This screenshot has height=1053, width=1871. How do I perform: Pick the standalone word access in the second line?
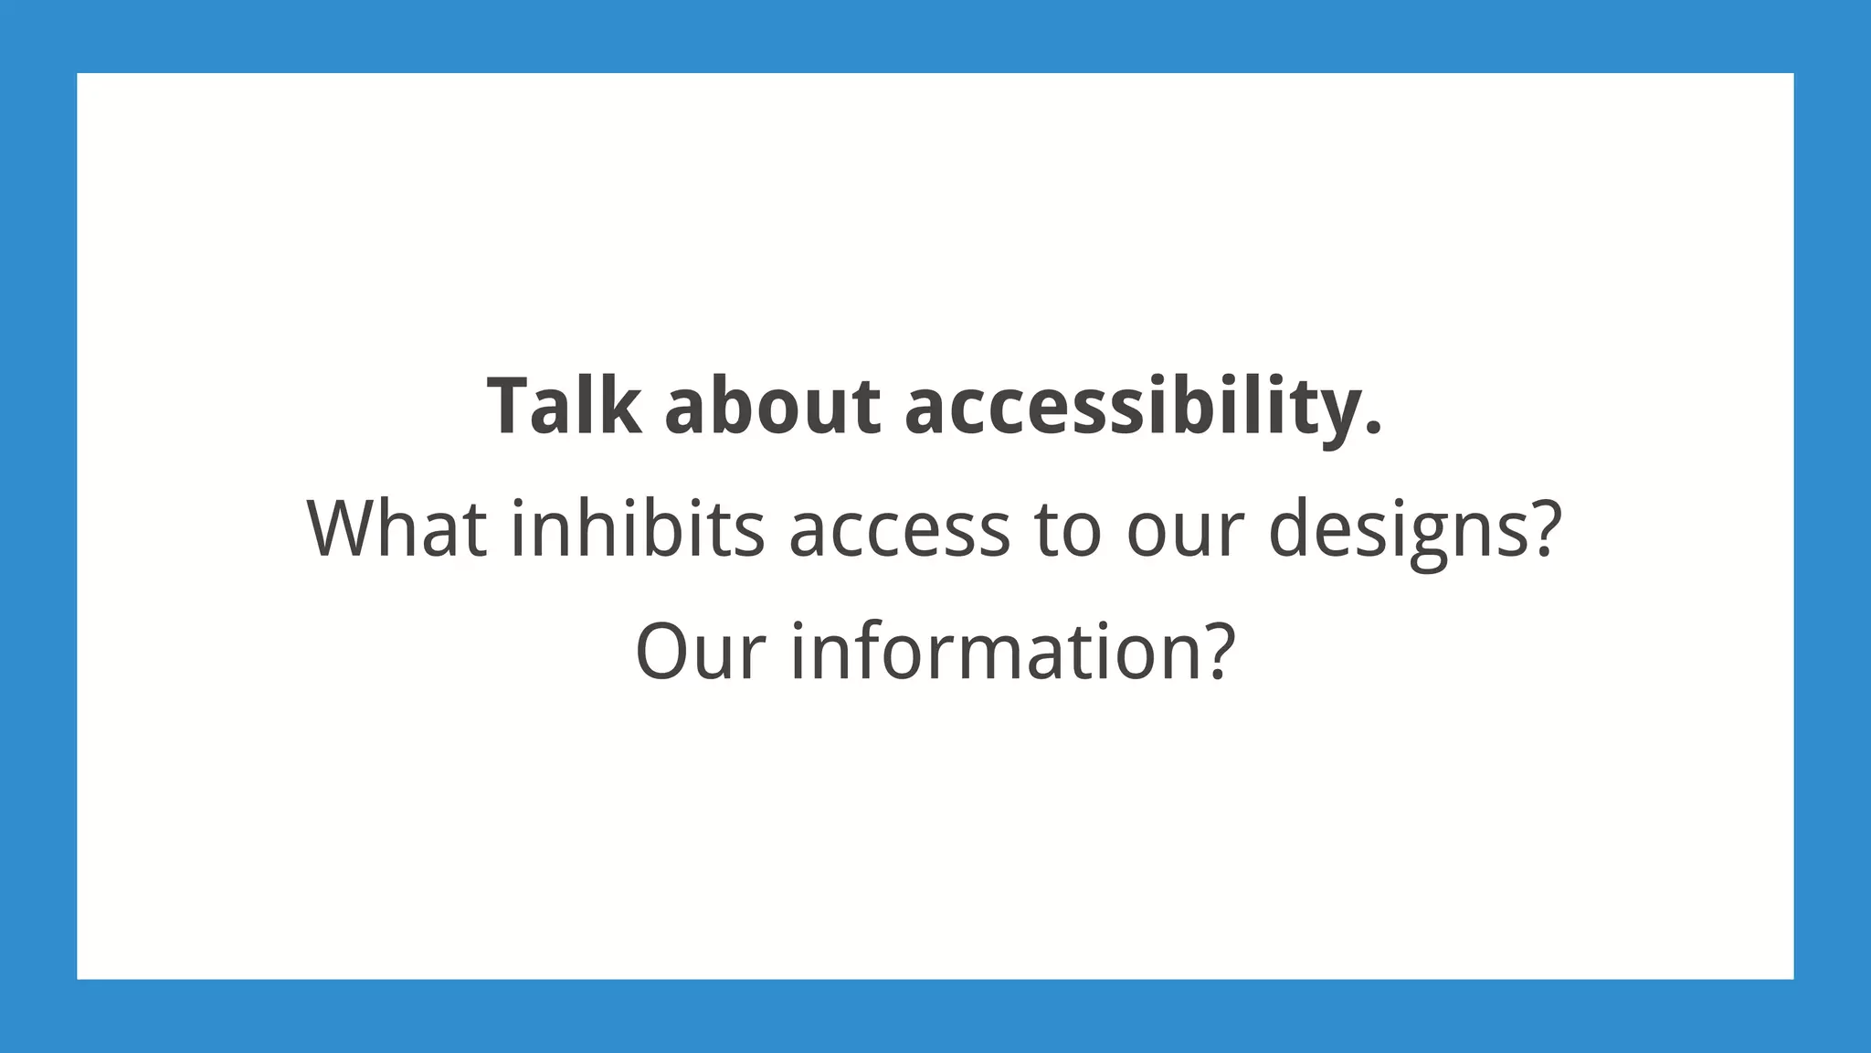click(899, 530)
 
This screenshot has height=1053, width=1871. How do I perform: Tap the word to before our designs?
click(1068, 530)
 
